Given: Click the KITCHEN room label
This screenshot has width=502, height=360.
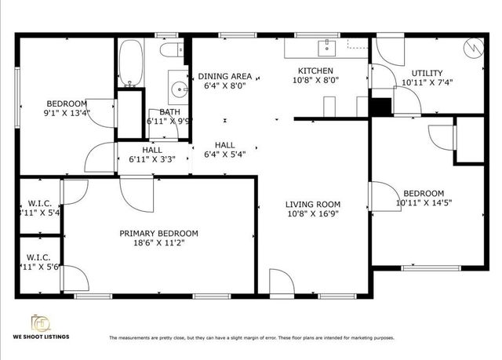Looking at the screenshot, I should (x=316, y=71).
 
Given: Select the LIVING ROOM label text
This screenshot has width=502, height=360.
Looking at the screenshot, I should (x=313, y=205).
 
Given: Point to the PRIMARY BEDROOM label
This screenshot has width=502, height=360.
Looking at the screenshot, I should (x=158, y=233).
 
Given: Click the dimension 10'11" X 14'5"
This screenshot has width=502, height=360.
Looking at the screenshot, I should (x=423, y=203).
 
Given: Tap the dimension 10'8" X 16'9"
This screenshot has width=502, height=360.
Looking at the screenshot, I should (x=313, y=214).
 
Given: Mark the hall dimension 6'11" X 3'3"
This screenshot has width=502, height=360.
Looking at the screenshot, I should (x=152, y=159).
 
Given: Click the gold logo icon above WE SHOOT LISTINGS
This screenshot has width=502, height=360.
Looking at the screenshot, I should (x=39, y=322).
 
